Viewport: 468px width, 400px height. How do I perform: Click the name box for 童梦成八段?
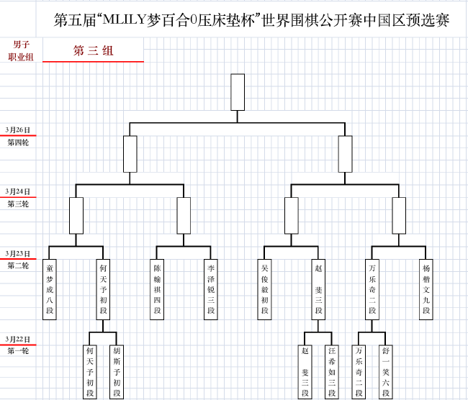point(50,288)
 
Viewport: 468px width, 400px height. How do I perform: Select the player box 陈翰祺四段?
point(158,288)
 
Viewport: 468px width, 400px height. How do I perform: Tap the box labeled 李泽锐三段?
point(211,288)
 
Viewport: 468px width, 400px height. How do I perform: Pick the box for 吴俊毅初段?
point(265,288)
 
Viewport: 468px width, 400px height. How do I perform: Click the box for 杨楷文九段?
point(426,288)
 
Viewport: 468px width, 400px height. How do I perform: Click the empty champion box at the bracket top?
point(238,92)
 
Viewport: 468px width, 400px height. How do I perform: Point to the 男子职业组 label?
point(21,50)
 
